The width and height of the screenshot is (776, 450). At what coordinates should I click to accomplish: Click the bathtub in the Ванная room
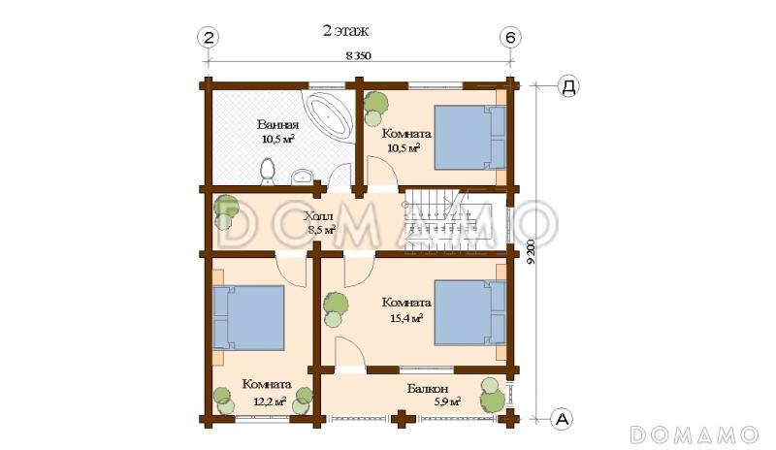(x=329, y=115)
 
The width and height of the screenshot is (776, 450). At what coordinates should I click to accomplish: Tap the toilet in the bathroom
(x=268, y=172)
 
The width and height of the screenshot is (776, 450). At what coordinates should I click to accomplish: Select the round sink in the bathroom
(x=302, y=177)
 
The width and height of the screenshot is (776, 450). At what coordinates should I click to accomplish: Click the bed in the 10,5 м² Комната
(x=470, y=138)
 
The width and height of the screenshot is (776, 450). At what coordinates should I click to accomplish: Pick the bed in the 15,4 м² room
(x=470, y=312)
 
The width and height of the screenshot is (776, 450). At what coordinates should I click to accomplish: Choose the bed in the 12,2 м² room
(x=248, y=318)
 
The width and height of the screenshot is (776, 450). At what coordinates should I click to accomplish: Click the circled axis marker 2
(x=209, y=38)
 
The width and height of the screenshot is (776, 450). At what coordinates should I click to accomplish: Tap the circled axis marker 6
(x=510, y=38)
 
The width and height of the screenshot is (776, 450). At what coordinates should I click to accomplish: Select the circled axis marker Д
(x=568, y=86)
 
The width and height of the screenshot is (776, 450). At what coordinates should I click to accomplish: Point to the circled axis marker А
(x=562, y=419)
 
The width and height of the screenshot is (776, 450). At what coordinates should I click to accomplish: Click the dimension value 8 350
(x=358, y=55)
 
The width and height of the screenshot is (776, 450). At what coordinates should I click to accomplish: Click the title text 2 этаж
(x=346, y=31)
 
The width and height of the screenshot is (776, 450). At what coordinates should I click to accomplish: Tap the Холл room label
(x=318, y=217)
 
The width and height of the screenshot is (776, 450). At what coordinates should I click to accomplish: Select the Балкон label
(x=428, y=389)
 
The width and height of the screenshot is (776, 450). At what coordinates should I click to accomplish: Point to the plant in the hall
(x=225, y=212)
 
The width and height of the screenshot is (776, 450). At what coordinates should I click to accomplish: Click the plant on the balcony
(x=493, y=394)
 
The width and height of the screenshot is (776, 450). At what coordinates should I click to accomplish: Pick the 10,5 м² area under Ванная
(x=278, y=139)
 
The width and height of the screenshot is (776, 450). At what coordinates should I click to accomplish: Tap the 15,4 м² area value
(x=406, y=318)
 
